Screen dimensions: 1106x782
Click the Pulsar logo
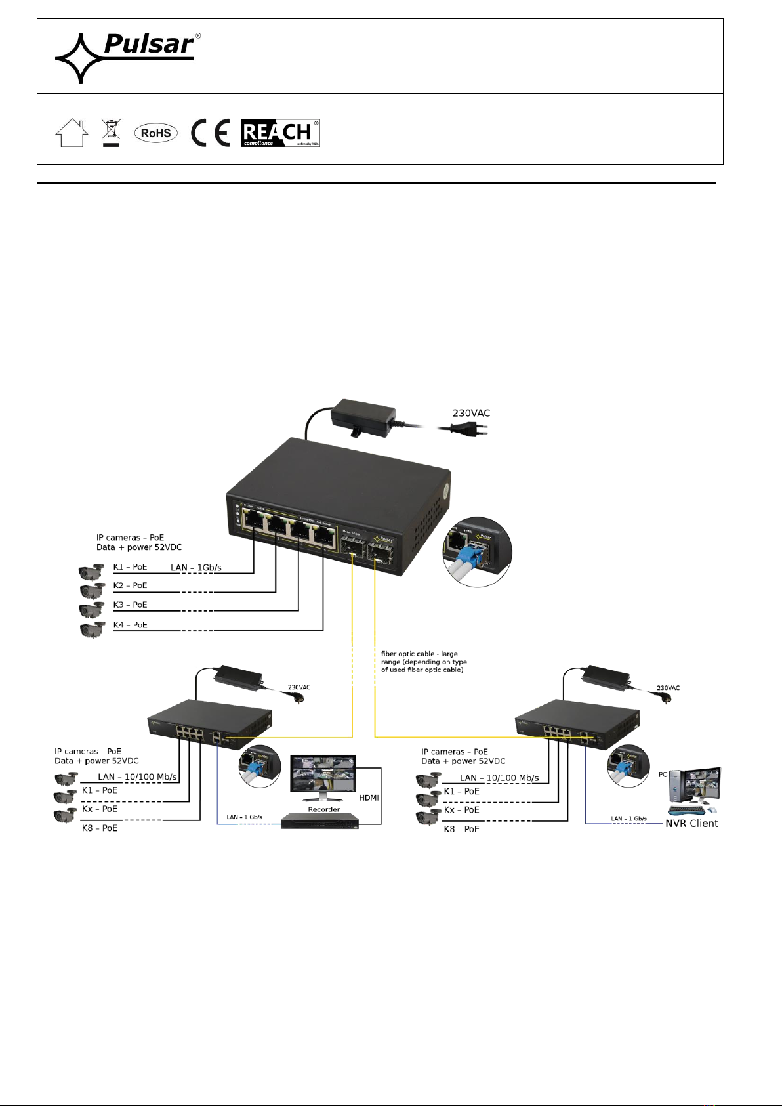coord(127,57)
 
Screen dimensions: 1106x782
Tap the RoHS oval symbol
coord(156,133)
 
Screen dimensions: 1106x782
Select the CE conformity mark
coord(211,133)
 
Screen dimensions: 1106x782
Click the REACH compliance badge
coord(280,133)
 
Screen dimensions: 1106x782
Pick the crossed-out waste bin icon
coord(111,133)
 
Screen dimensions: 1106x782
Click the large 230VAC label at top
coord(471,413)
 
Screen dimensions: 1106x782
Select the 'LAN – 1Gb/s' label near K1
coord(196,567)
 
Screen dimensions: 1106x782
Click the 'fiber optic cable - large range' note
coord(424,662)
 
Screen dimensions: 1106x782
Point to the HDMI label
coord(369,798)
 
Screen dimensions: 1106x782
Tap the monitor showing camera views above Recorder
coord(323,777)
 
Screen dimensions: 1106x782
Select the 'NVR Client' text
coord(691,823)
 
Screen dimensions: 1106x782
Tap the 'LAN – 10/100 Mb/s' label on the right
coord(499,778)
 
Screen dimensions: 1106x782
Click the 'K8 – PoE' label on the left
coord(100,828)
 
